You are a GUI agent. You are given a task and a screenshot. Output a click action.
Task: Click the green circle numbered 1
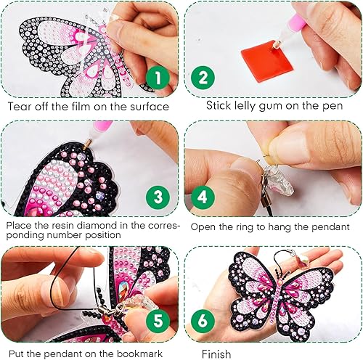158,76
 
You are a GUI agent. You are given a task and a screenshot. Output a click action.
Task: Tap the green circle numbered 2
204,77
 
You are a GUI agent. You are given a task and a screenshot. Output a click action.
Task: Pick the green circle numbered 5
158,319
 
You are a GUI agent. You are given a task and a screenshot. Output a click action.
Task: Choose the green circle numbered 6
204,319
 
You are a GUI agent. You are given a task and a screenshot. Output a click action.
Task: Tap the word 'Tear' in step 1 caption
20,107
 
